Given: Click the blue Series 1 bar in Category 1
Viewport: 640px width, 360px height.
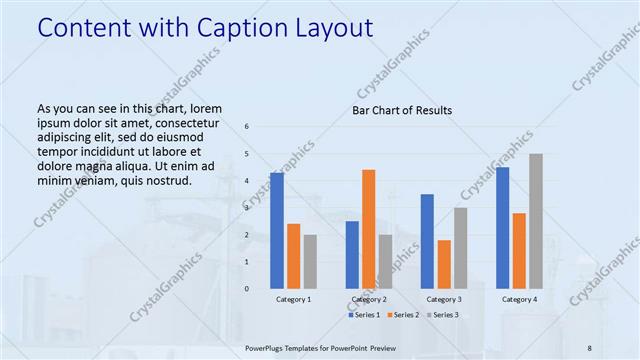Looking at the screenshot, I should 277,231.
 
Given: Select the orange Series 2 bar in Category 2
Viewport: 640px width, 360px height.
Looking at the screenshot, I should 368,229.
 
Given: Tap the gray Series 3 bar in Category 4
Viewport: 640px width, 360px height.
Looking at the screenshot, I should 536,221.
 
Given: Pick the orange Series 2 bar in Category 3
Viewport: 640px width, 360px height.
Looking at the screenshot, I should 444,264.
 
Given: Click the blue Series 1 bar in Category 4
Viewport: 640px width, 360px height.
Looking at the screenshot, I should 502,228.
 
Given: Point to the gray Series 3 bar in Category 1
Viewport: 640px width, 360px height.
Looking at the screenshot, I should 310,262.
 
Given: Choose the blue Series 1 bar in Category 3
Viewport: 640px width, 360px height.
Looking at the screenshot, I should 427,241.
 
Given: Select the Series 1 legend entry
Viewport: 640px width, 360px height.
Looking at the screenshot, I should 365,315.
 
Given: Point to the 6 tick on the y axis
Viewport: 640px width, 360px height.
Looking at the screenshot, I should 247,127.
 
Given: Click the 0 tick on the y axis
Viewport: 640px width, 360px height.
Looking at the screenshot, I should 247,289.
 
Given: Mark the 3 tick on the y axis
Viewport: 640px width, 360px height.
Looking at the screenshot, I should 247,208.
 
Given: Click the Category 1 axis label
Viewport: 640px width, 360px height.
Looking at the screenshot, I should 293,299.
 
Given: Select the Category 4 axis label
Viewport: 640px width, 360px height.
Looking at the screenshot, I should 519,299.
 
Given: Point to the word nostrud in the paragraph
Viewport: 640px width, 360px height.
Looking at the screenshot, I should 165,180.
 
